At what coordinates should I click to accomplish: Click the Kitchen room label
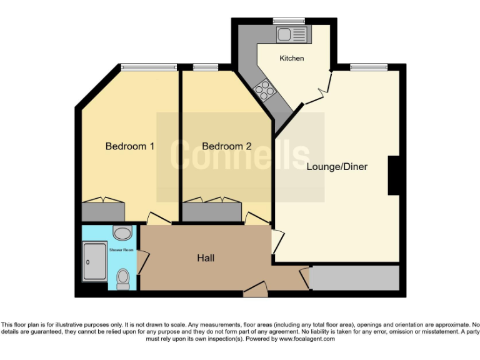tap(292, 58)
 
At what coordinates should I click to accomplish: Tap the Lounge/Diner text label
tap(337, 167)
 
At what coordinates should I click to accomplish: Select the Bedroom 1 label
tap(130, 146)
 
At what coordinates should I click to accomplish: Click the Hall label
tap(207, 257)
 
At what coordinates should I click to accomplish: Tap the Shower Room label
tap(121, 249)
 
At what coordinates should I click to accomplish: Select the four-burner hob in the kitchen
tap(264, 89)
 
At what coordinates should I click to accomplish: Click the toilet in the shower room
tap(123, 278)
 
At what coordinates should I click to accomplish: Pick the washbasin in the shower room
tap(122, 233)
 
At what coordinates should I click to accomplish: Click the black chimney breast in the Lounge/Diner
tap(394, 176)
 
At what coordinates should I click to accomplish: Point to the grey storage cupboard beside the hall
tap(354, 277)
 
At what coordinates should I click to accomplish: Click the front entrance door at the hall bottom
tap(256, 287)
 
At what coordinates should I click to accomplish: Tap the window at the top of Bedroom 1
tap(149, 66)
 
